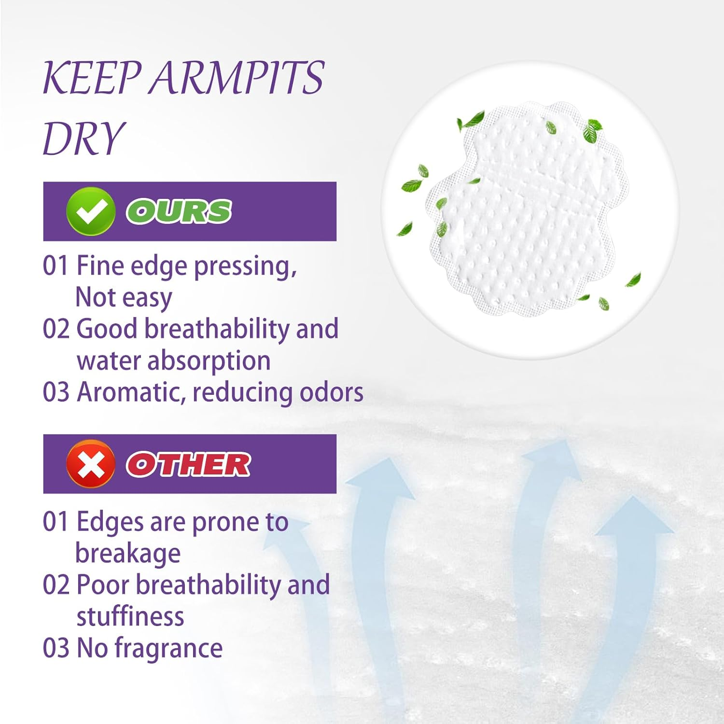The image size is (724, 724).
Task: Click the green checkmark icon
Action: [91, 211]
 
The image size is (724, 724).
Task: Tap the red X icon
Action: [91, 464]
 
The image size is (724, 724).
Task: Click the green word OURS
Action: [179, 211]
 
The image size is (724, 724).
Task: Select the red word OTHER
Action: [188, 464]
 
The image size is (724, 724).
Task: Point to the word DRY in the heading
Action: [84, 138]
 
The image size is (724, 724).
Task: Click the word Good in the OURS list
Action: [107, 329]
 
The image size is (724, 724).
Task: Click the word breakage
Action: [128, 554]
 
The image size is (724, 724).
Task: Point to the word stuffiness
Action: [130, 616]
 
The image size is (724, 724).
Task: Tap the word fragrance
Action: [168, 648]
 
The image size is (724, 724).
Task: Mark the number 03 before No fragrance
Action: [56, 648]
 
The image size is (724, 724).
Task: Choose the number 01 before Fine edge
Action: [56, 266]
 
